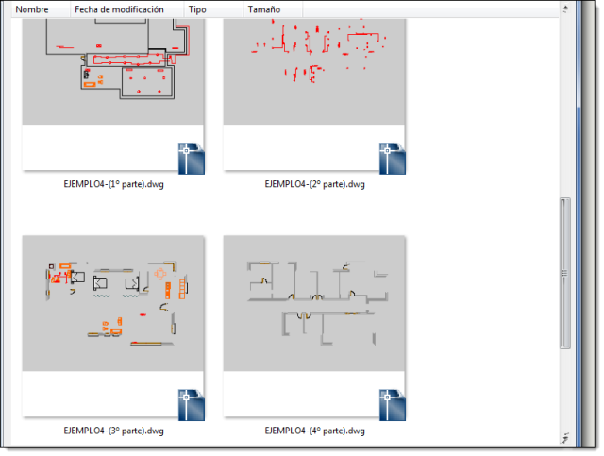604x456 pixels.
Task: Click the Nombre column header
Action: (32, 9)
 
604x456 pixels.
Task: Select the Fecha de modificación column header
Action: (119, 9)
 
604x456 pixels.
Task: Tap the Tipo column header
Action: (197, 9)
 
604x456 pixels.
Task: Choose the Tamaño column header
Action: (264, 9)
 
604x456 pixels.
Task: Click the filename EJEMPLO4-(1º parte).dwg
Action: (113, 184)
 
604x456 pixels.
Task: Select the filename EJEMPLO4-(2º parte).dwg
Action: (314, 184)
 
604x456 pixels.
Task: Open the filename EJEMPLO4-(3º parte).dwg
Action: (113, 431)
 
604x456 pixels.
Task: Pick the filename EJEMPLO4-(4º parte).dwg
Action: (314, 431)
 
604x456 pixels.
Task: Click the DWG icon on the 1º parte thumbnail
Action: (191, 159)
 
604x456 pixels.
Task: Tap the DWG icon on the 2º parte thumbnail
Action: (393, 159)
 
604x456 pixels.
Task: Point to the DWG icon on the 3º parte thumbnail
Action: (191, 405)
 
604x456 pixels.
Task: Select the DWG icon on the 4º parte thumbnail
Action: (393, 405)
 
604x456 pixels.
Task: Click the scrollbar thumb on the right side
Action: (565, 273)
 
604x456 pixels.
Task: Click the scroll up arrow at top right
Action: (565, 8)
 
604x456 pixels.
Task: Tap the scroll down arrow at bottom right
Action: (565, 438)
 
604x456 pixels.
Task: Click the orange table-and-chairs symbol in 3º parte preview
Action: (160, 274)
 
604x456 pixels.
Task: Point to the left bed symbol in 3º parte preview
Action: (100, 283)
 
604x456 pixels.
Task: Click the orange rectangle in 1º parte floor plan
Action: (90, 84)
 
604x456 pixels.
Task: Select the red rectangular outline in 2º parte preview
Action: (362, 37)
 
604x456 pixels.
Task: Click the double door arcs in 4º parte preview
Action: (304, 316)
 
